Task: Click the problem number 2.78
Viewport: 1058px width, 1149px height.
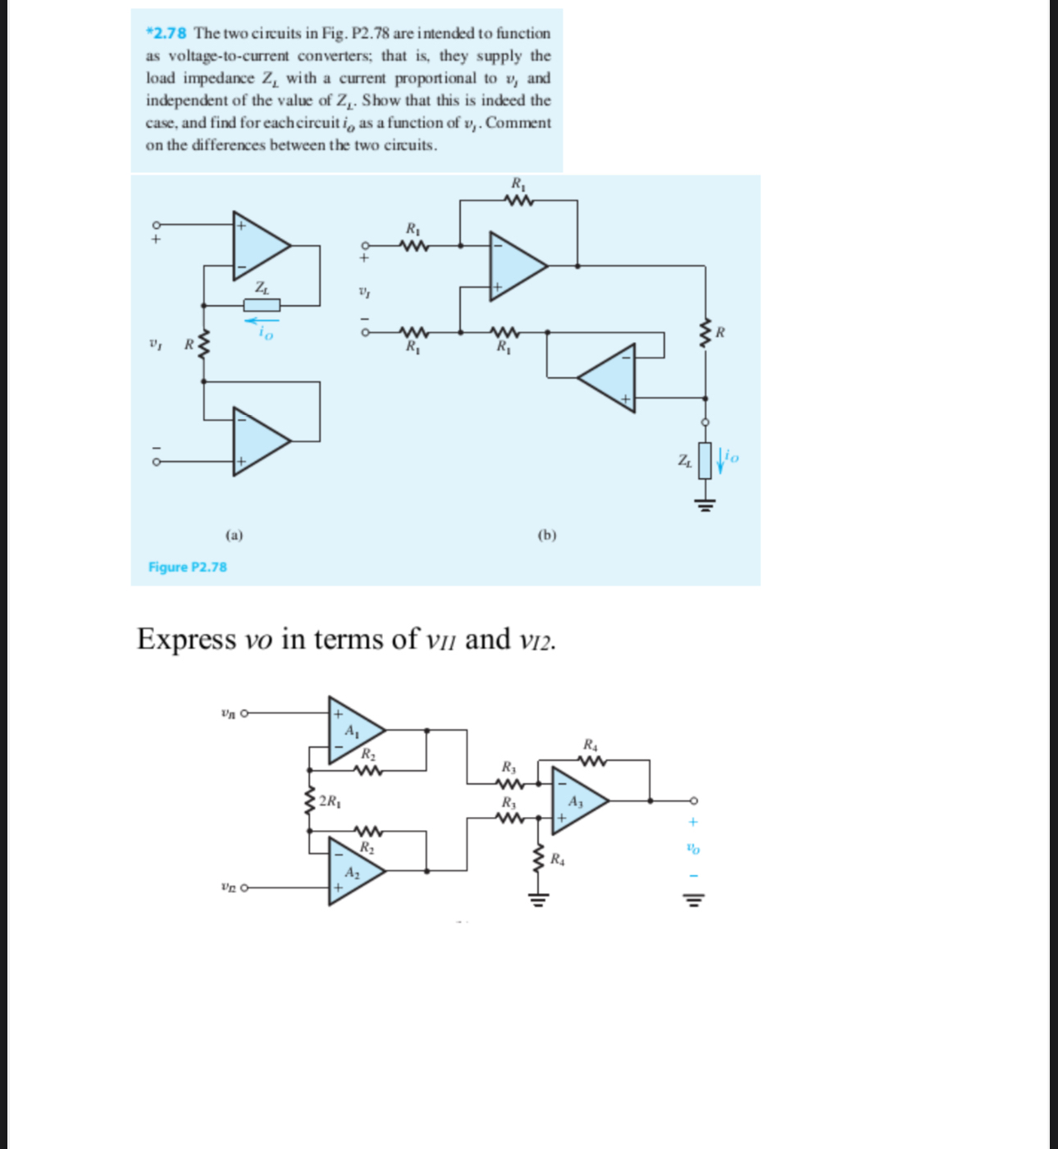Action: [x=168, y=34]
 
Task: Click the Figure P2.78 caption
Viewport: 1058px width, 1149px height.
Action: [x=188, y=567]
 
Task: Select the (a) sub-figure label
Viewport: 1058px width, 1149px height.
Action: [x=235, y=535]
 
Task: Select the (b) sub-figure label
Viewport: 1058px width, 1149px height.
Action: [x=547, y=535]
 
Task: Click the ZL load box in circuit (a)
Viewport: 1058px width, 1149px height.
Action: [x=262, y=305]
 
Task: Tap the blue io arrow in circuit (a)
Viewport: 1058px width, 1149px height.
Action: [x=262, y=321]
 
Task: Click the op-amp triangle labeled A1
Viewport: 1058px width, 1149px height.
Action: [x=353, y=729]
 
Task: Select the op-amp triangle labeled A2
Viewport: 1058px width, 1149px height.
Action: [x=353, y=871]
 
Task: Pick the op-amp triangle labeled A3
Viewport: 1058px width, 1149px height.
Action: [x=577, y=800]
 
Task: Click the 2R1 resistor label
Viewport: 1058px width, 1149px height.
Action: [x=331, y=801]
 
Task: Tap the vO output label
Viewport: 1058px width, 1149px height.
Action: [x=693, y=848]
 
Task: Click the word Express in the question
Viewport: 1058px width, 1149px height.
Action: [x=186, y=638]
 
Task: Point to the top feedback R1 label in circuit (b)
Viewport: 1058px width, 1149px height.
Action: [x=518, y=183]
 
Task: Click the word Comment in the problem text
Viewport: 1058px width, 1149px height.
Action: [x=518, y=123]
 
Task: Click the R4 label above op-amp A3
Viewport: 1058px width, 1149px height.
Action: [x=591, y=745]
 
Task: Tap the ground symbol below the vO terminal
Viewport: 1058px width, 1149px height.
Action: [x=694, y=900]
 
